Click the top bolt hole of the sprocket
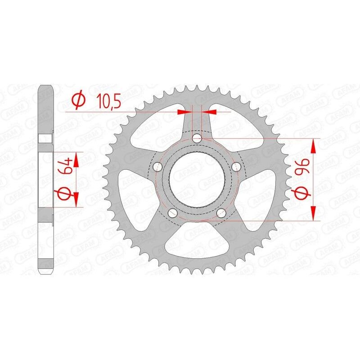pos(197,138)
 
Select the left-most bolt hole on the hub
pos(157,167)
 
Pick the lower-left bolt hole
pos(172,213)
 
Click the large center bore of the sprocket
pos(197,180)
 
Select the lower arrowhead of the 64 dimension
pos(76,200)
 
